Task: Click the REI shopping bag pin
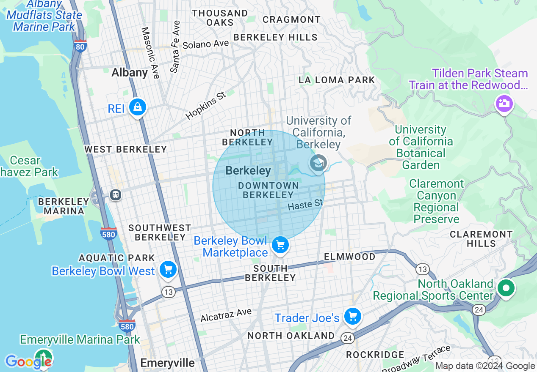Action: pyautogui.click(x=138, y=107)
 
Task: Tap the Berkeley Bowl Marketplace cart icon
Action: pyautogui.click(x=280, y=245)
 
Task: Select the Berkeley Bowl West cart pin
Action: pyautogui.click(x=168, y=269)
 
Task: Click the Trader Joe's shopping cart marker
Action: pyautogui.click(x=352, y=316)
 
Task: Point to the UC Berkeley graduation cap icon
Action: pyautogui.click(x=318, y=163)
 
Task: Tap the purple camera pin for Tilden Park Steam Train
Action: pyautogui.click(x=504, y=103)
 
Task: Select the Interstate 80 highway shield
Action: pyautogui.click(x=80, y=46)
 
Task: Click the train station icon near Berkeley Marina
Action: pyautogui.click(x=115, y=194)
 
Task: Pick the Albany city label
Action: pyautogui.click(x=130, y=73)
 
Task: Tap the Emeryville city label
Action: pyautogui.click(x=167, y=363)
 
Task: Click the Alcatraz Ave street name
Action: pyautogui.click(x=226, y=315)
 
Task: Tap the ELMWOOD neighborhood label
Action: pyautogui.click(x=349, y=257)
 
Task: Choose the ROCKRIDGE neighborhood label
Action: pyautogui.click(x=375, y=354)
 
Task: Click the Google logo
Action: pyautogui.click(x=28, y=362)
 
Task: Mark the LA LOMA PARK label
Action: pyautogui.click(x=337, y=80)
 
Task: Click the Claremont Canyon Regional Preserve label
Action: pyautogui.click(x=436, y=201)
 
